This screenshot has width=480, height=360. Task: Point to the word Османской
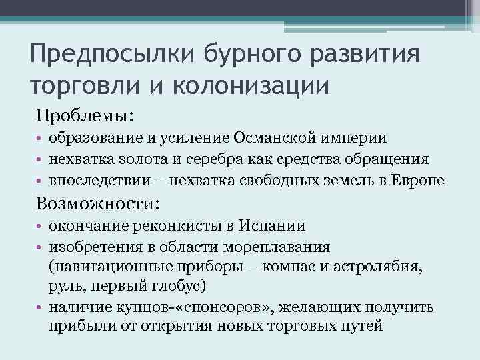(x=267, y=139)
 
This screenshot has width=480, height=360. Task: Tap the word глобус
(x=185, y=287)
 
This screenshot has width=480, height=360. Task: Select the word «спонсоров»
(x=229, y=307)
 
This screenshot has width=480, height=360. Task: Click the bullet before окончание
(x=40, y=227)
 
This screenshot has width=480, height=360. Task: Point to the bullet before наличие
(x=40, y=308)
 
